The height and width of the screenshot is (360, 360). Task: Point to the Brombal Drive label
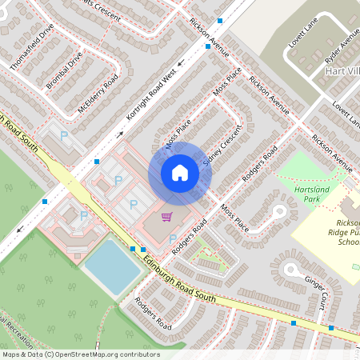65,70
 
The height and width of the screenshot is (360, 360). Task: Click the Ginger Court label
316,290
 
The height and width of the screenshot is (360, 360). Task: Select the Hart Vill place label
342,71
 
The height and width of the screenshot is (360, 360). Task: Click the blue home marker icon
180,172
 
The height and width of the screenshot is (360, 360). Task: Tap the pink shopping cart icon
166,217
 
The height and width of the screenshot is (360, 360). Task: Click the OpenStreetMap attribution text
80,354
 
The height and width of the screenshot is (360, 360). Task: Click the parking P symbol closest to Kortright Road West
65,138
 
